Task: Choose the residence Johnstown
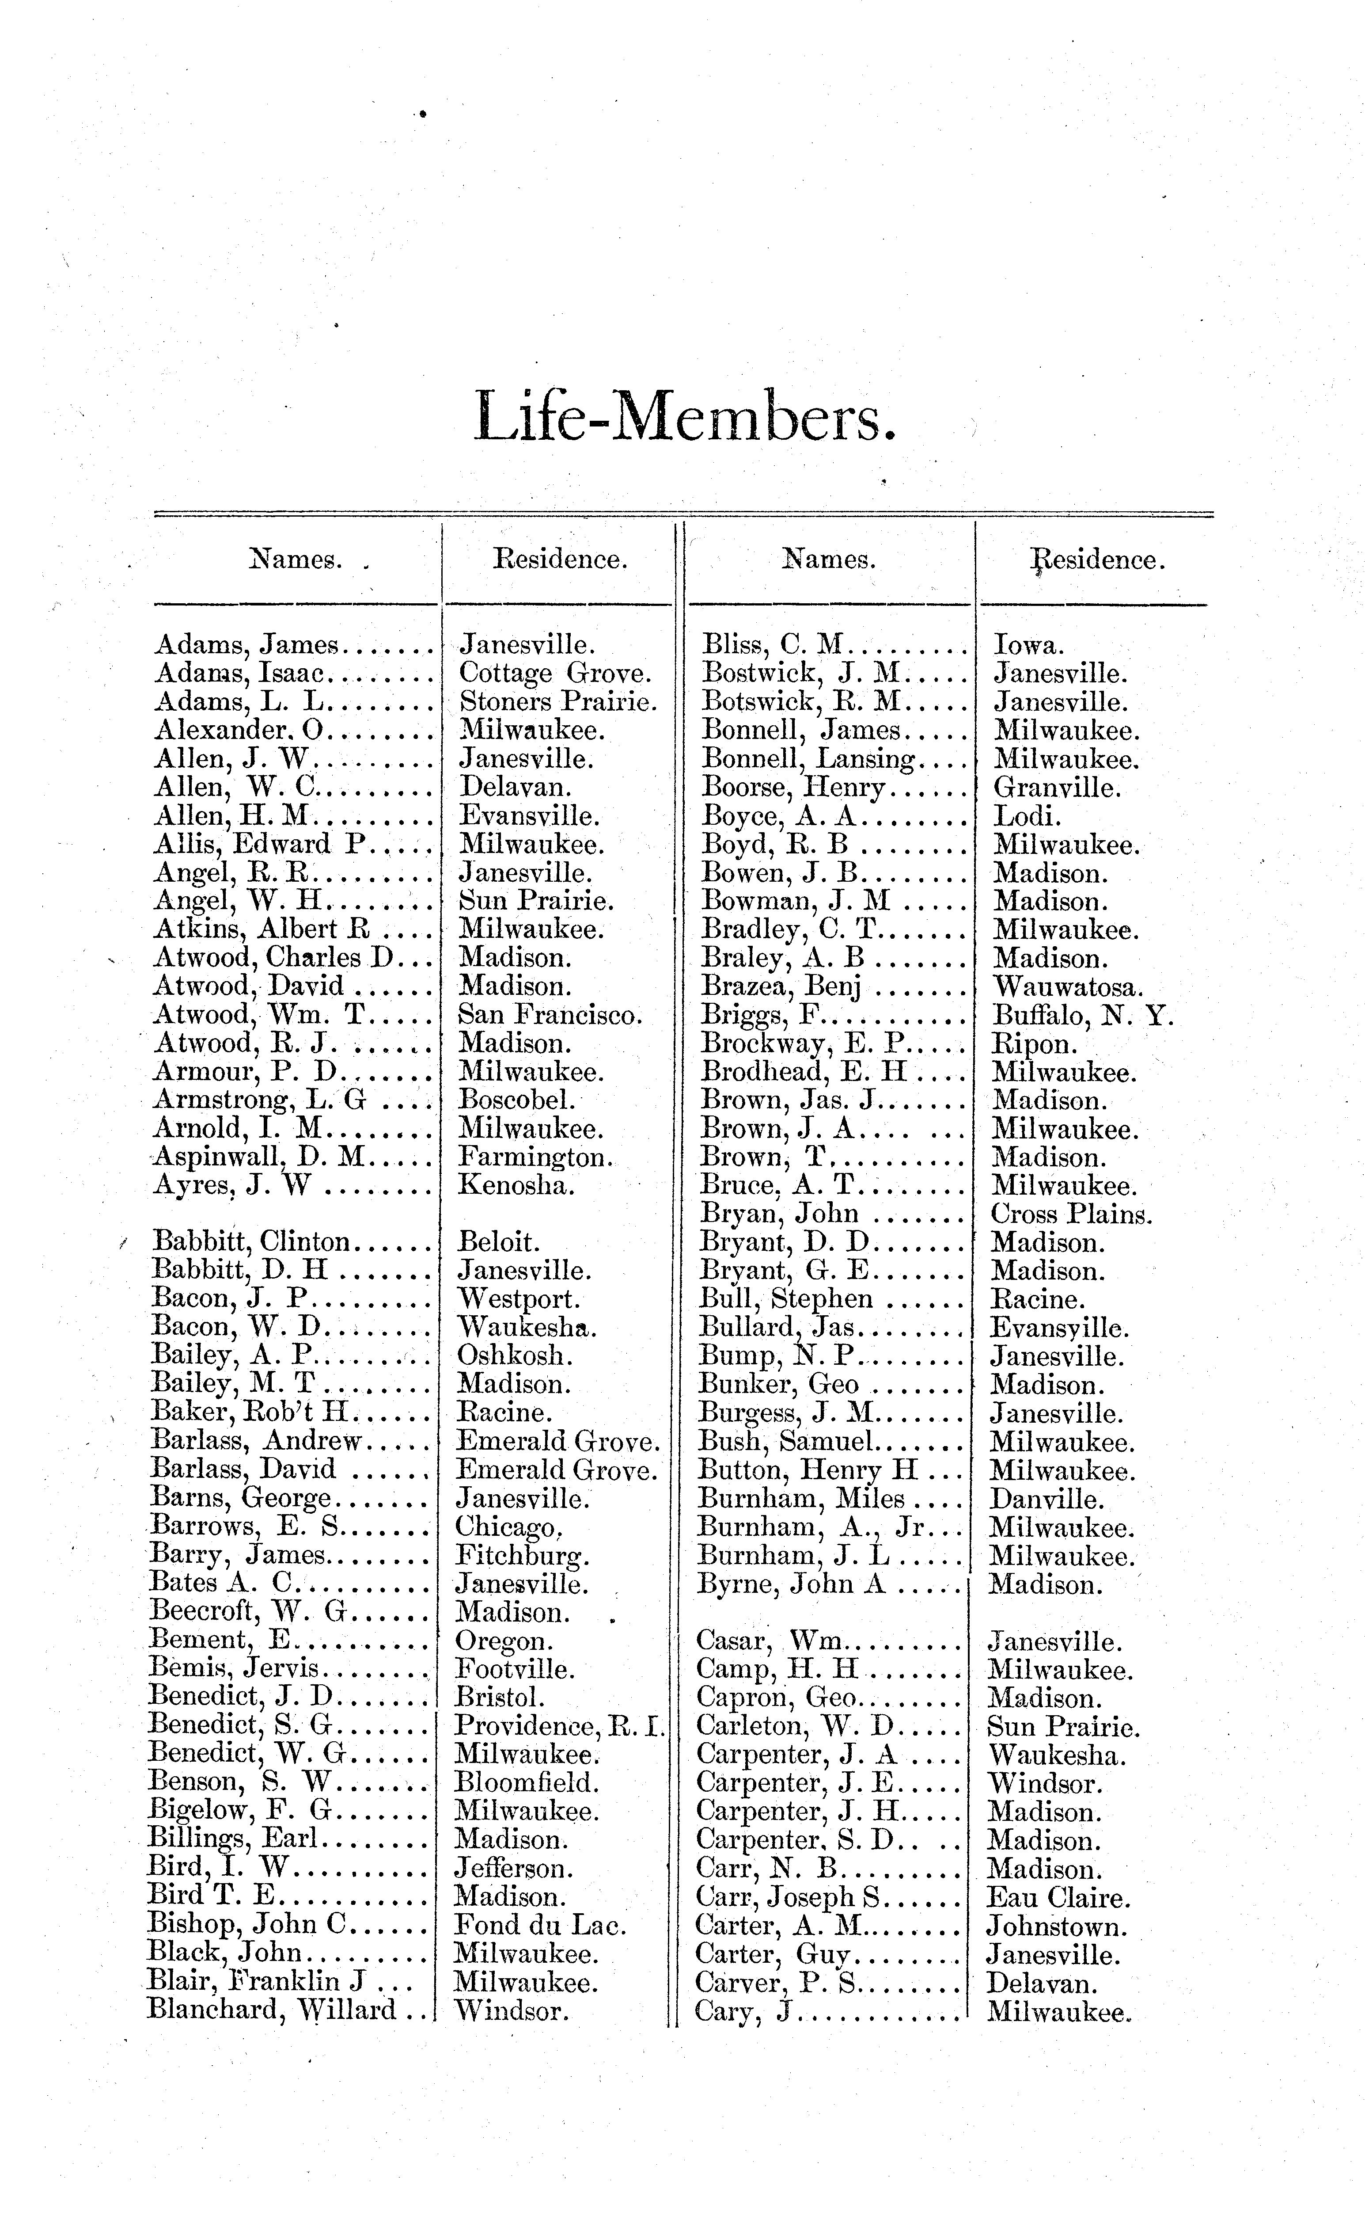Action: coord(1057,1926)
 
